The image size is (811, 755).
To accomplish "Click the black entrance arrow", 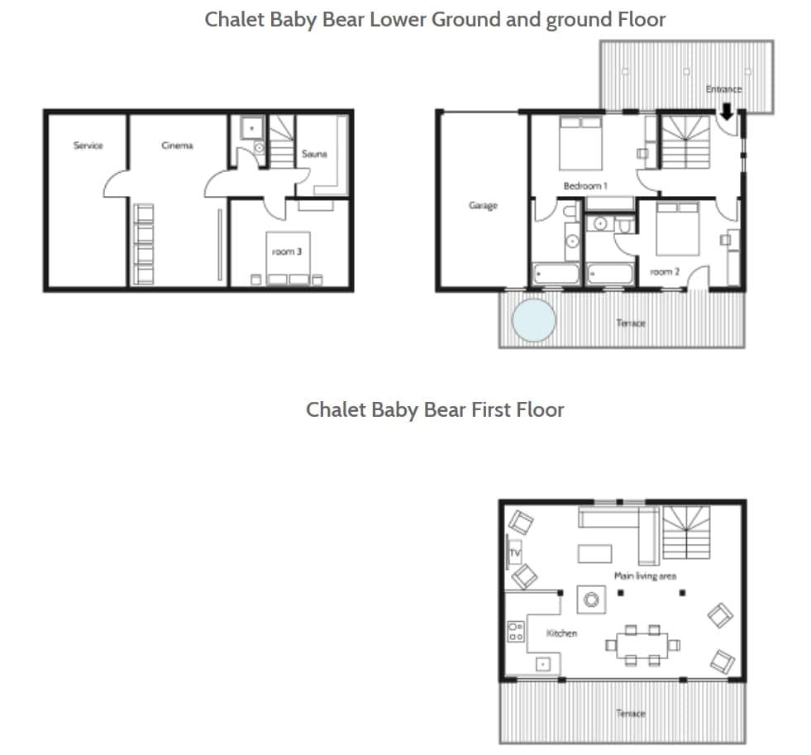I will (727, 110).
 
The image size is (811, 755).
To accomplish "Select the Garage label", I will (483, 205).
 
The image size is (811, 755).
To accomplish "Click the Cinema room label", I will (177, 146).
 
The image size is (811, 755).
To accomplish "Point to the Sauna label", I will (314, 154).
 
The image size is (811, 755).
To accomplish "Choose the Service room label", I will (88, 146).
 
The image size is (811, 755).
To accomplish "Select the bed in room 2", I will (678, 229).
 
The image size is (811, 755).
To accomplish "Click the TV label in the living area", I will (513, 552).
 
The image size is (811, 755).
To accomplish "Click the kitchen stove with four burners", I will (516, 632).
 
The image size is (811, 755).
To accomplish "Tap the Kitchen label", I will (561, 633).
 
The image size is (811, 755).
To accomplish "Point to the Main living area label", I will (644, 576).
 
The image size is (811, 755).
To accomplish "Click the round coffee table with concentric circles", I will (590, 600).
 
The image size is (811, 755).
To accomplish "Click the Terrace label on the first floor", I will (630, 714).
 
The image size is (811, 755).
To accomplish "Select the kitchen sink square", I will (543, 663).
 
